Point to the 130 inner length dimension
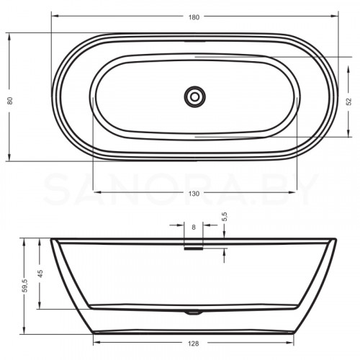tap(194, 193)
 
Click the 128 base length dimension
tap(194, 344)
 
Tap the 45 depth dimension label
tap(40, 274)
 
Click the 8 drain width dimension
tap(194, 228)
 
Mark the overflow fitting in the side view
tap(194, 248)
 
